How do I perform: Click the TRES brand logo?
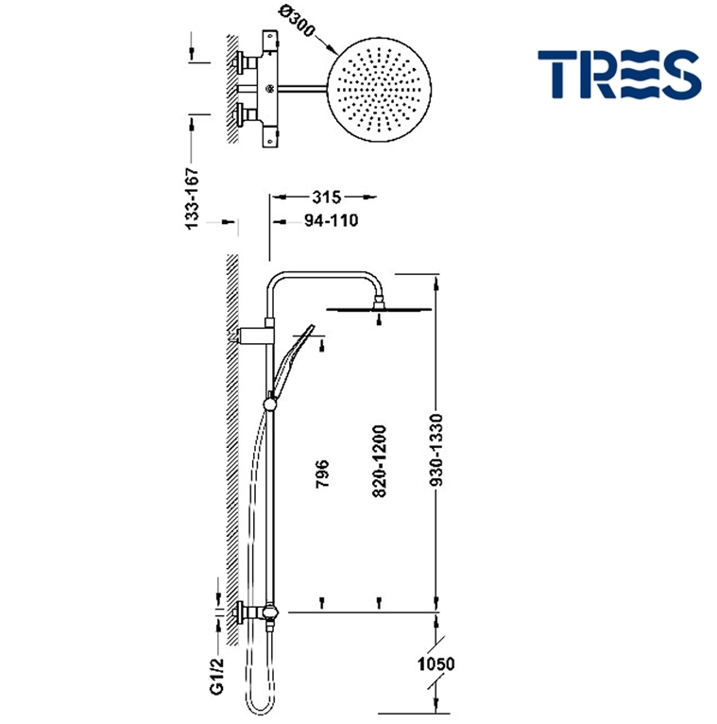[619, 75]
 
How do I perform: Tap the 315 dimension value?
[325, 197]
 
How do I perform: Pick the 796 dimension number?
[322, 474]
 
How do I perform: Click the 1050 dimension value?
[435, 664]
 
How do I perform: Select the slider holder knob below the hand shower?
[271, 405]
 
